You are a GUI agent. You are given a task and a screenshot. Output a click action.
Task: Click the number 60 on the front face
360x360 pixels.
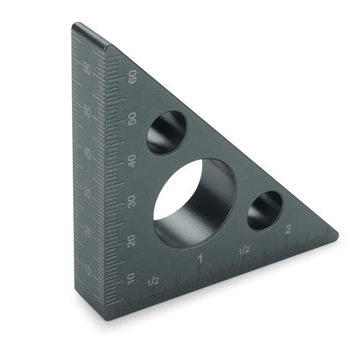point(132,77)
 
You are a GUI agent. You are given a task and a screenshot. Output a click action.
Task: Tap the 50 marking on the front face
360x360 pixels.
point(132,118)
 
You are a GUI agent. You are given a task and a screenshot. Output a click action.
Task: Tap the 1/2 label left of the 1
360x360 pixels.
point(153,280)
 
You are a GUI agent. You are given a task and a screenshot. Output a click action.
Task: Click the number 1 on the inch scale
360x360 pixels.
point(200,260)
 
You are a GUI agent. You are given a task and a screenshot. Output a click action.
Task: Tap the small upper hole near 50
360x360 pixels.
point(166,131)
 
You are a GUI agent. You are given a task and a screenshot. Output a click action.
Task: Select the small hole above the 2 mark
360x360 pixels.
point(265,210)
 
